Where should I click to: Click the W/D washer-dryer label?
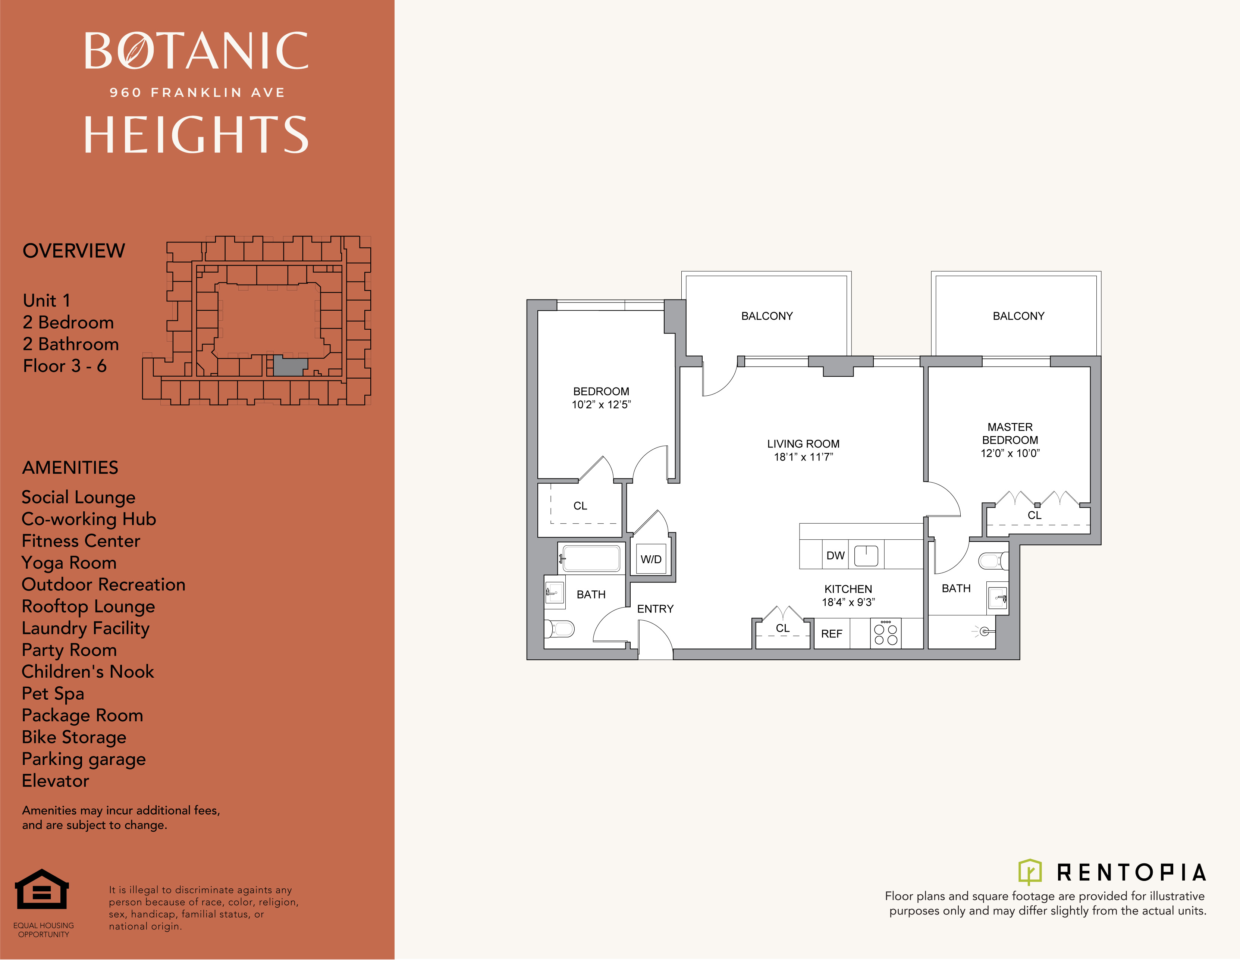click(651, 559)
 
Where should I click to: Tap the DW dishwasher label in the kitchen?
click(835, 555)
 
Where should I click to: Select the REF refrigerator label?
click(831, 634)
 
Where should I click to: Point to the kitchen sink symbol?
click(866, 556)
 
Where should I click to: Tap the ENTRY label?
click(655, 609)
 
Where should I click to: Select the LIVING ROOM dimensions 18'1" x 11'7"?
click(803, 457)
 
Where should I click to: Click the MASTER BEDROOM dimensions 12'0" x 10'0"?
click(1010, 453)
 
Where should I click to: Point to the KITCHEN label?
click(848, 589)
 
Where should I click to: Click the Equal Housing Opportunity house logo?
click(42, 890)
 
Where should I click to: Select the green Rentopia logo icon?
click(1030, 872)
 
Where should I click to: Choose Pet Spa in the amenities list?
click(53, 694)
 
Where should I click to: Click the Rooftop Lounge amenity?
click(88, 606)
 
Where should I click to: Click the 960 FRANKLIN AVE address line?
click(197, 92)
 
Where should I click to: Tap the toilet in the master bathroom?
click(993, 561)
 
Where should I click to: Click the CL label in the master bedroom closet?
click(1035, 515)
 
